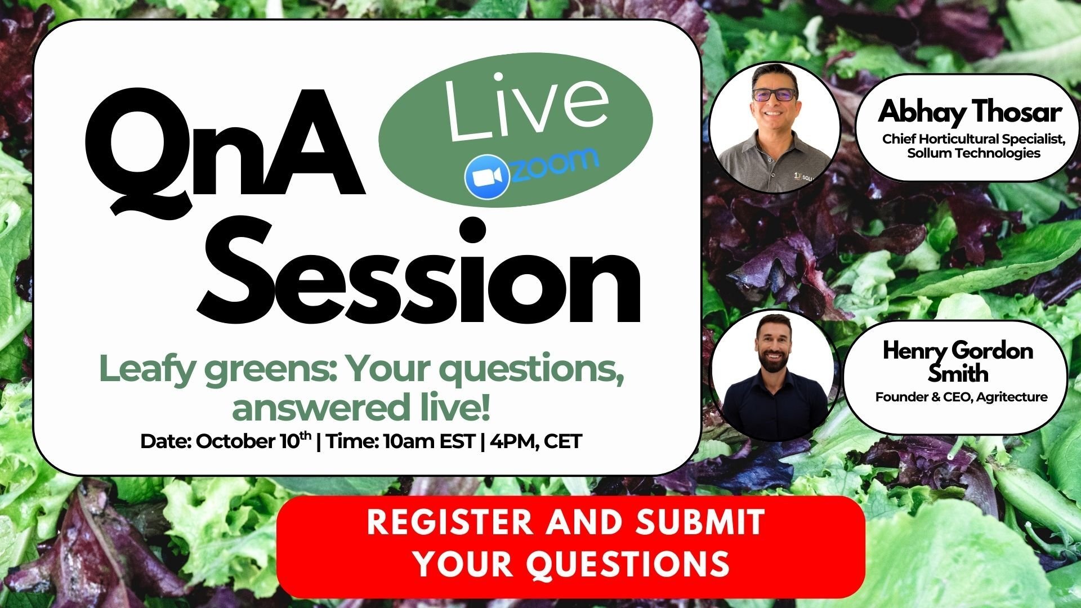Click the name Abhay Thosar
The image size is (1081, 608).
970,112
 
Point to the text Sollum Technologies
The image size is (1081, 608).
973,153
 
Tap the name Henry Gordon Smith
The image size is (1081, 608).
958,361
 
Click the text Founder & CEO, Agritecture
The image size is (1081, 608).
961,397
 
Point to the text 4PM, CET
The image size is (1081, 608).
535,441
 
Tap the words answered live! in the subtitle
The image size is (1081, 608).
361,408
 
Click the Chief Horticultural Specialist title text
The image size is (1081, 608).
973,139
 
